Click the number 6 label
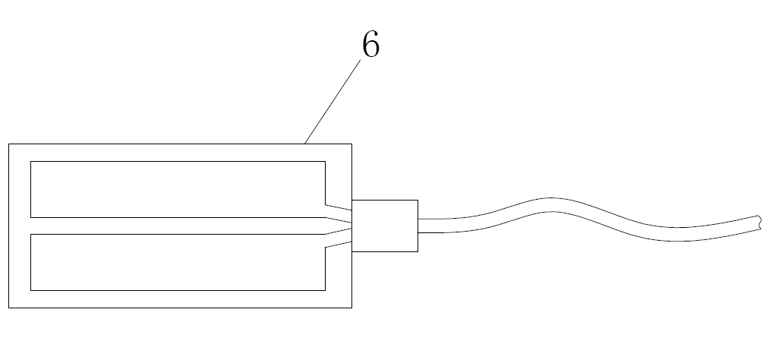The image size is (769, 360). click(x=370, y=46)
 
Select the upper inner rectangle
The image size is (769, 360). click(x=178, y=189)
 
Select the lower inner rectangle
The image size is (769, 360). click(x=178, y=262)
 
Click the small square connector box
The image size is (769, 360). click(x=385, y=226)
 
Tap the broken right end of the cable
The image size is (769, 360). click(x=758, y=223)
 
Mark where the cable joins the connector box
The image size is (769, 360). click(x=418, y=225)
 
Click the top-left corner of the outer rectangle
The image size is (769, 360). click(x=9, y=144)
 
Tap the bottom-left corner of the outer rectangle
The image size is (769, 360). click(x=9, y=308)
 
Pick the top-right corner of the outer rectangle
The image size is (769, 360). click(x=351, y=144)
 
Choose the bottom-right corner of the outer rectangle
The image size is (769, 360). click(x=351, y=308)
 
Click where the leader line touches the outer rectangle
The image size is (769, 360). click(x=305, y=143)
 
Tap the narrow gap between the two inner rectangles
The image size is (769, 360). click(x=178, y=226)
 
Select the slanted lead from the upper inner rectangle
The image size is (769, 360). click(x=339, y=207)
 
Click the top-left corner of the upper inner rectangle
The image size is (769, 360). click(x=31, y=162)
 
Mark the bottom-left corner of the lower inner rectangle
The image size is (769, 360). click(x=31, y=289)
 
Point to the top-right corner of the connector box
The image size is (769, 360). click(x=418, y=201)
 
